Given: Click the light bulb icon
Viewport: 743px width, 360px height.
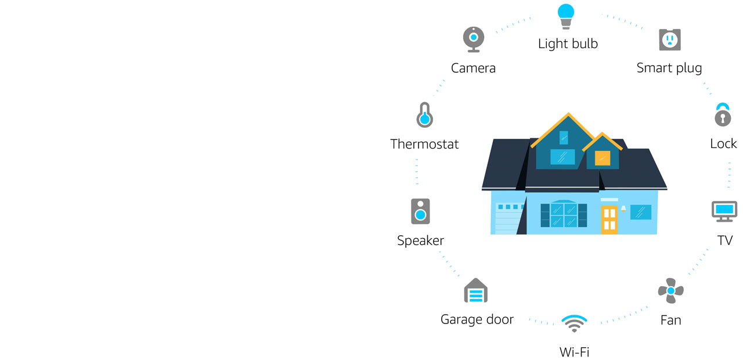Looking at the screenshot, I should (x=565, y=16).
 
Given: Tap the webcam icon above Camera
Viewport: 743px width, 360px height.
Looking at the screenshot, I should (x=474, y=39).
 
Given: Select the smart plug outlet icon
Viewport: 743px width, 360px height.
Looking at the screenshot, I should (x=669, y=39).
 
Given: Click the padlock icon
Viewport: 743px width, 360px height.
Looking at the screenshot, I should (x=722, y=115).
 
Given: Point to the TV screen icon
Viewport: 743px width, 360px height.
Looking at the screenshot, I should (x=724, y=211).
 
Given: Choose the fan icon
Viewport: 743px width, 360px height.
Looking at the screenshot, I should (x=670, y=290).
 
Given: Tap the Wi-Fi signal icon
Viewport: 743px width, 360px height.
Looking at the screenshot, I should (x=574, y=323).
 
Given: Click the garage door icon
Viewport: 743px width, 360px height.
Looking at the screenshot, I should (x=475, y=291).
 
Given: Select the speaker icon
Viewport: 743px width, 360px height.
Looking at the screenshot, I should (x=420, y=211).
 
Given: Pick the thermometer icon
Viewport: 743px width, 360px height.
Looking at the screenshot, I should (x=424, y=115).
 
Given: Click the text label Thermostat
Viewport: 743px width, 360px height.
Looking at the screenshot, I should (x=424, y=144).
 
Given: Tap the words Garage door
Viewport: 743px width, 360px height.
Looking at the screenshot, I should (x=477, y=319).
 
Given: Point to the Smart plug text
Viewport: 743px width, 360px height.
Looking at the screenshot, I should (x=669, y=68).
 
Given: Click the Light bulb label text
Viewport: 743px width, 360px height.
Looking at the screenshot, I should (x=568, y=44).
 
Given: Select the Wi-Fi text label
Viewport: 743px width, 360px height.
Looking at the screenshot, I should (x=574, y=351).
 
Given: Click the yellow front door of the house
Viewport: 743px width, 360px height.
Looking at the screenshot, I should (x=609, y=219).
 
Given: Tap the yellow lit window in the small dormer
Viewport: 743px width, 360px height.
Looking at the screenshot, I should (x=603, y=158).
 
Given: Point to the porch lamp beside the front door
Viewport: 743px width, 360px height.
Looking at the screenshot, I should (x=623, y=208).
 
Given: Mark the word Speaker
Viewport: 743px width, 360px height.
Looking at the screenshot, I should (x=420, y=240).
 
